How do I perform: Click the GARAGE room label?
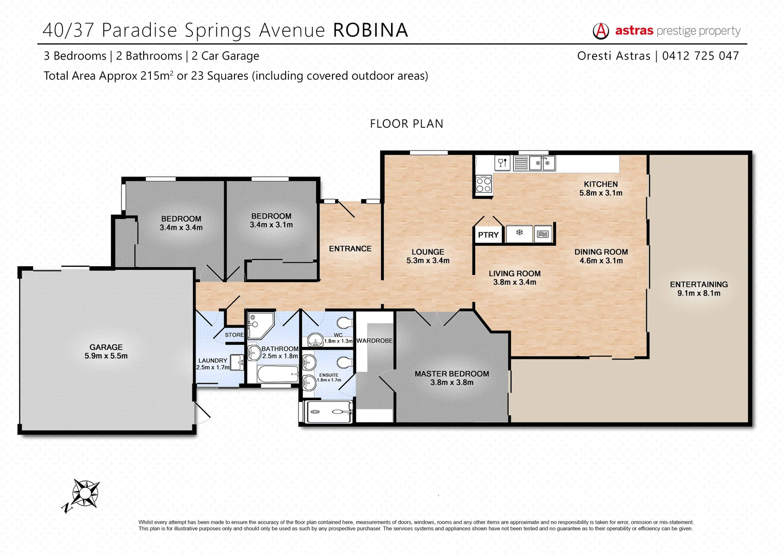coord(106,347)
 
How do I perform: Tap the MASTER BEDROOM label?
coord(452,374)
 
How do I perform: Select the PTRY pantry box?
coord(488,235)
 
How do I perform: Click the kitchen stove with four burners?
coord(483,184)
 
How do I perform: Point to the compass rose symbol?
coord(85,493)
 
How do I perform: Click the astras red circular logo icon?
coord(601,31)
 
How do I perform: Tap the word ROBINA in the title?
coord(370,30)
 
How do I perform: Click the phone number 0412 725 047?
coord(700,56)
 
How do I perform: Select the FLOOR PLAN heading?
coord(406,124)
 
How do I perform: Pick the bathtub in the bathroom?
coord(278,374)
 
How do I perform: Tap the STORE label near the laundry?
coord(234,335)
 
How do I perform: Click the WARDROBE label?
coord(375,341)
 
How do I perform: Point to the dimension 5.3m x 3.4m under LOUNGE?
coord(428,261)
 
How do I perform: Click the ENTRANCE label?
coord(350,249)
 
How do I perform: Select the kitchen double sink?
coord(542,163)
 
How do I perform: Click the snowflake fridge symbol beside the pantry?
coord(519,233)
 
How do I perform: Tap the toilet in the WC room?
coord(344,323)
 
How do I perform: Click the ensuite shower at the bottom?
coord(328,411)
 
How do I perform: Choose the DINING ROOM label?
coord(601,252)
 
